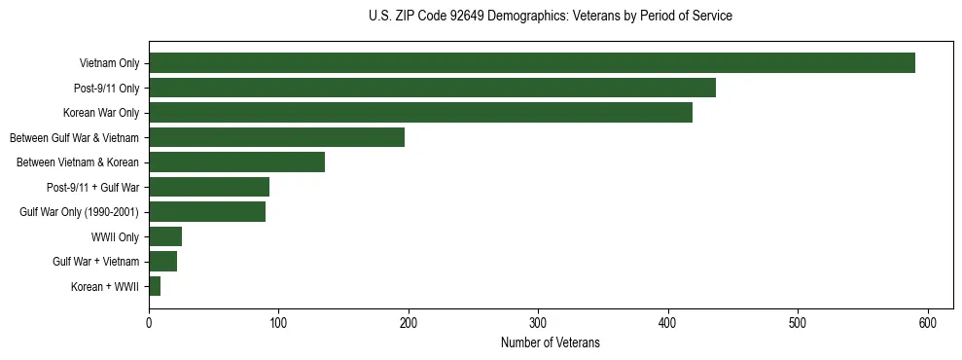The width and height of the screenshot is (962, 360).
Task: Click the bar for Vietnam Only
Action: point(531,63)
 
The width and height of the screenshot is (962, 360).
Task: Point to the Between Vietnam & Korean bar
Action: point(236,162)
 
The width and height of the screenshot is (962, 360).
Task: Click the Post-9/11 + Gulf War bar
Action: point(209,187)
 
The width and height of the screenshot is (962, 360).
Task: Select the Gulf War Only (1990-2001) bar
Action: point(207,212)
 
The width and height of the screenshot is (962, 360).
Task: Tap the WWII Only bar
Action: point(165,236)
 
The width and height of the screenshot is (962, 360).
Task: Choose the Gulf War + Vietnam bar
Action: point(162,262)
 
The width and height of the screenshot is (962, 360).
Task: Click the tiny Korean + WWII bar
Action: point(155,286)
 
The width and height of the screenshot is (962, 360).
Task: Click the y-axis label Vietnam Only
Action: point(109,63)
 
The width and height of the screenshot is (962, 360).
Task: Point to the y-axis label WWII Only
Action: point(115,236)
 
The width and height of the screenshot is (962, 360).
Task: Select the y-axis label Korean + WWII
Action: point(105,287)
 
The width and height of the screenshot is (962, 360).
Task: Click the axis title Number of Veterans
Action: point(550,342)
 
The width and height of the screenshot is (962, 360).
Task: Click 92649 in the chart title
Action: point(471,17)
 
